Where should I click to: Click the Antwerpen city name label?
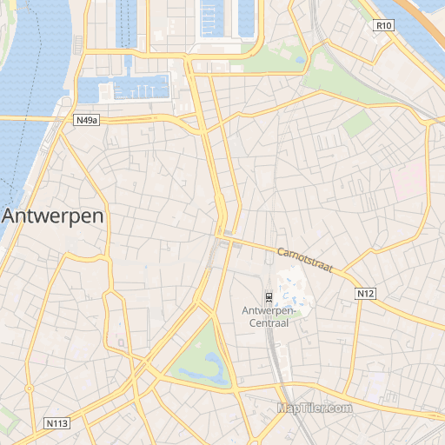(x=54, y=216)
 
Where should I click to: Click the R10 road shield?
(x=383, y=25)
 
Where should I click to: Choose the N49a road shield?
(x=87, y=121)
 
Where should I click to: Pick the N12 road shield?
(x=366, y=295)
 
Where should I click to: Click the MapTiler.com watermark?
(x=315, y=408)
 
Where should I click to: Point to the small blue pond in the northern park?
(x=300, y=62)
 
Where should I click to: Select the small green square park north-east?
(x=356, y=124)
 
